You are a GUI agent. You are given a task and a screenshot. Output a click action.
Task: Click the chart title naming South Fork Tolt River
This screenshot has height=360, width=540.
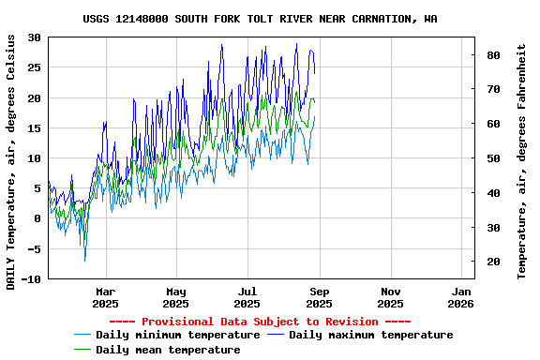tap(260, 18)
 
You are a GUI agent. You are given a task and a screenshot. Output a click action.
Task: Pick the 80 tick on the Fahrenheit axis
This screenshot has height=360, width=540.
tap(492, 55)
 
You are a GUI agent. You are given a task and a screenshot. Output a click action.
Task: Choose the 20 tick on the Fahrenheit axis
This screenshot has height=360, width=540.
tap(492, 262)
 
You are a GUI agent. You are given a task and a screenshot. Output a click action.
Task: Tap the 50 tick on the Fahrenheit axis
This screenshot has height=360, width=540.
tap(492, 158)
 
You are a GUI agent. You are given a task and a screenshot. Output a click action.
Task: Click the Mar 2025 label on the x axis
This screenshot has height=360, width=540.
tap(105, 297)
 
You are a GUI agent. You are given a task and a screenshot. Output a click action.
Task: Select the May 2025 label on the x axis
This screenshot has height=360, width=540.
tap(176, 297)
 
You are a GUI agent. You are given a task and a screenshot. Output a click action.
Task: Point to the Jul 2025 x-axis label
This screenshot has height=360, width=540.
tap(247, 297)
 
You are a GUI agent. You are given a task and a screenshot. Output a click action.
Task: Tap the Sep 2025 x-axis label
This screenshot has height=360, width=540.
tap(320, 297)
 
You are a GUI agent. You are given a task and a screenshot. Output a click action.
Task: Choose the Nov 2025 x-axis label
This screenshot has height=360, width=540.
tap(391, 297)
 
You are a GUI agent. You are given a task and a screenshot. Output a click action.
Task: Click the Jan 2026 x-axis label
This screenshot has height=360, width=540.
tap(461, 297)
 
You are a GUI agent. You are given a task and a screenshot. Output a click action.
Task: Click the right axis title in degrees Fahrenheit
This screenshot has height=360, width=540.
tap(522, 159)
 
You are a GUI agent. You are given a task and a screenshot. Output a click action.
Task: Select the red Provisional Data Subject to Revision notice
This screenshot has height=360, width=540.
tap(260, 322)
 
